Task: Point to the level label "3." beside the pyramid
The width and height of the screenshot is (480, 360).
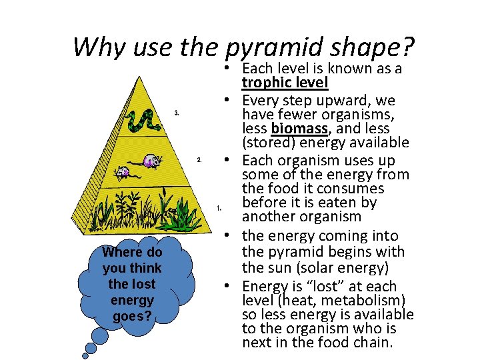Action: [x=176, y=113]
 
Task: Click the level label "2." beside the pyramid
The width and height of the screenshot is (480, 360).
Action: [x=199, y=160]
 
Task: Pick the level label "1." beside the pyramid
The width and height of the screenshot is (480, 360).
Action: [x=219, y=208]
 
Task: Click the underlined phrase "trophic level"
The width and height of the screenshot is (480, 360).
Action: [x=285, y=83]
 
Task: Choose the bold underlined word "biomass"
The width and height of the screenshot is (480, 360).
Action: [x=297, y=128]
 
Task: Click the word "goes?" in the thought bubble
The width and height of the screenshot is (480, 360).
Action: [x=131, y=316]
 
